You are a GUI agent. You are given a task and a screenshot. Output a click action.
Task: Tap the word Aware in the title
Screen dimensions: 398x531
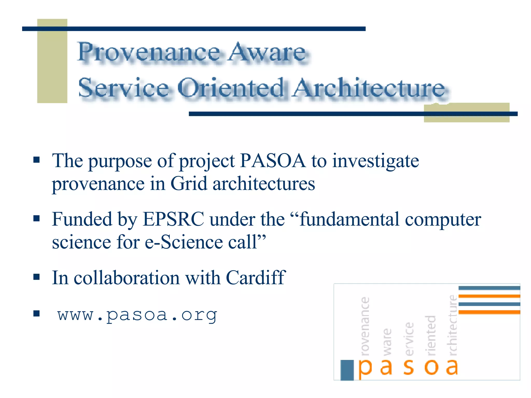coord(267,53)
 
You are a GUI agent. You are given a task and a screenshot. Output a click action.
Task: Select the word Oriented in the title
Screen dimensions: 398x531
coord(231,88)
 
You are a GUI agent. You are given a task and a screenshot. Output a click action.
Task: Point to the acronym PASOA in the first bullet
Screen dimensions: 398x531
coord(273,161)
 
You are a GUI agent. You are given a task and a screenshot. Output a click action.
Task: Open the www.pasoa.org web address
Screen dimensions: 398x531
coord(137,315)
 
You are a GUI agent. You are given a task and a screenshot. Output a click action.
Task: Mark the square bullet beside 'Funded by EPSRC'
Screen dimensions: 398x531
coord(37,219)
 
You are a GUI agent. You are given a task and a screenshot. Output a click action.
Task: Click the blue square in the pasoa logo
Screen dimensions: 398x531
coord(347,370)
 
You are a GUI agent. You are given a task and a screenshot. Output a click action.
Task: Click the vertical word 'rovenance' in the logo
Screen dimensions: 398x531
coord(365,326)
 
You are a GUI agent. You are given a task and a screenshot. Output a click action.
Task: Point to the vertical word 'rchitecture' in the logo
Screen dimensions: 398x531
coord(453,325)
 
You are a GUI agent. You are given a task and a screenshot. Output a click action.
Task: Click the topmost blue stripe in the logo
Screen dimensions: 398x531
coord(489,288)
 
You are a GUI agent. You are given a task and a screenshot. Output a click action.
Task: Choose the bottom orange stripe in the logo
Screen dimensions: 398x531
coord(489,312)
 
